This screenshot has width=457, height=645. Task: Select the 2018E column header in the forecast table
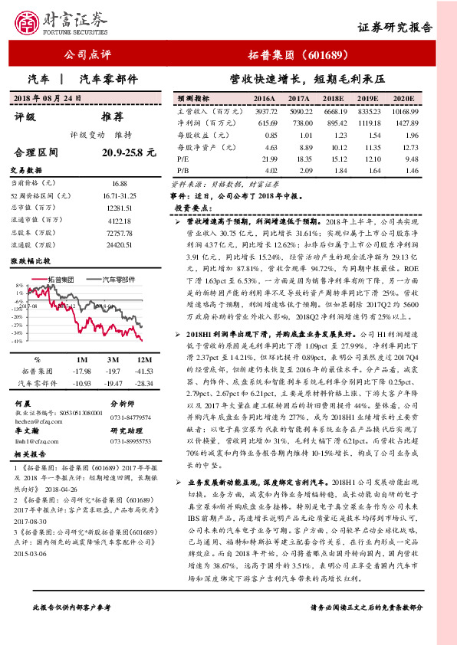pos(332,100)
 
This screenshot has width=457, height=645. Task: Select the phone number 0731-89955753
pos(130,442)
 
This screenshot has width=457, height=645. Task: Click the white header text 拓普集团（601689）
pos(300,55)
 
